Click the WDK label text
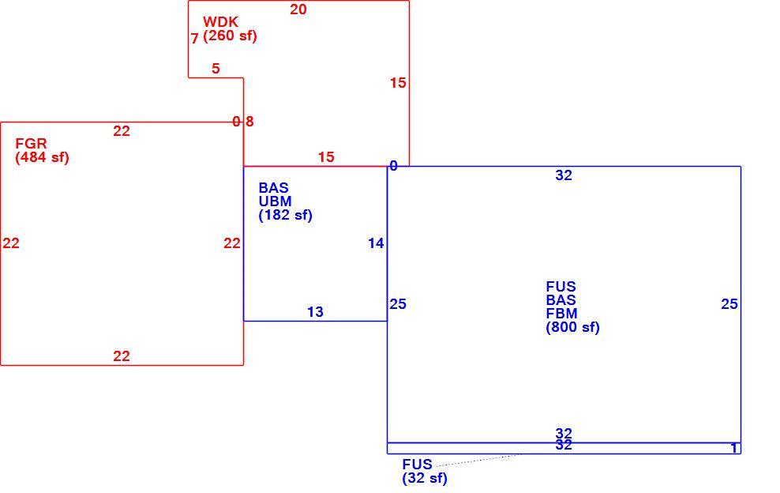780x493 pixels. [220, 22]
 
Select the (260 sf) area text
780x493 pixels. [230, 36]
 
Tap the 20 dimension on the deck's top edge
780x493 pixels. [298, 9]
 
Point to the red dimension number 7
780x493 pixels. [194, 39]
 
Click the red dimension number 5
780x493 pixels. [216, 69]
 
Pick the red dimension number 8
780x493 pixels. [249, 122]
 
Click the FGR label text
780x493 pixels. [31, 144]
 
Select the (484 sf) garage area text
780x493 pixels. [43, 157]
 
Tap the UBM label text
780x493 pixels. [275, 201]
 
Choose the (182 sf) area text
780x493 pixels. [286, 215]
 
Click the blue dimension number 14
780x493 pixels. [376, 243]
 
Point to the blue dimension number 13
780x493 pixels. [315, 312]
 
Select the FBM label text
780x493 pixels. [561, 314]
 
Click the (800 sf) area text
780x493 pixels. [572, 327]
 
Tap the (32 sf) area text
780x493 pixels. [425, 478]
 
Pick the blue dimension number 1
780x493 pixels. [733, 448]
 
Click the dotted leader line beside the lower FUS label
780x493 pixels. [478, 460]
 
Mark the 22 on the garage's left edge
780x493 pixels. [11, 243]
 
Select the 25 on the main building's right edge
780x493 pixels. [729, 304]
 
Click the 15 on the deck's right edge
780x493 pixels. [398, 83]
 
